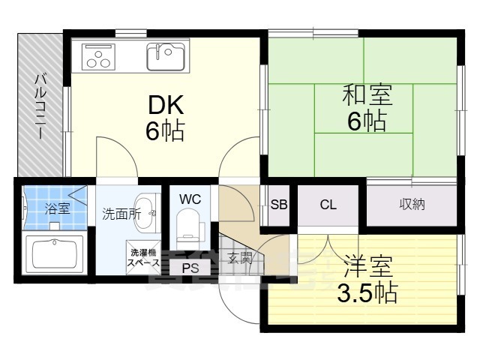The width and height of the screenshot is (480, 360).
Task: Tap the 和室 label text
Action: (367, 95)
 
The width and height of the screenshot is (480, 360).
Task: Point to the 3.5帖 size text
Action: (367, 292)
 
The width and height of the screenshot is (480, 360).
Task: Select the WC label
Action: (190, 199)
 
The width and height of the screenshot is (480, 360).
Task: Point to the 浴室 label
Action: (56, 208)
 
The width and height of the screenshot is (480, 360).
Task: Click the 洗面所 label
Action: (121, 213)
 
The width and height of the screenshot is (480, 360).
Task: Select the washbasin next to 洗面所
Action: (148, 212)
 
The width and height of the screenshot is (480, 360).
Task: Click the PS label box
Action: (190, 267)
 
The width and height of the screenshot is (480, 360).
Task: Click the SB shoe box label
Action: (278, 204)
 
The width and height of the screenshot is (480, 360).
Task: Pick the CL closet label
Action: (328, 204)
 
